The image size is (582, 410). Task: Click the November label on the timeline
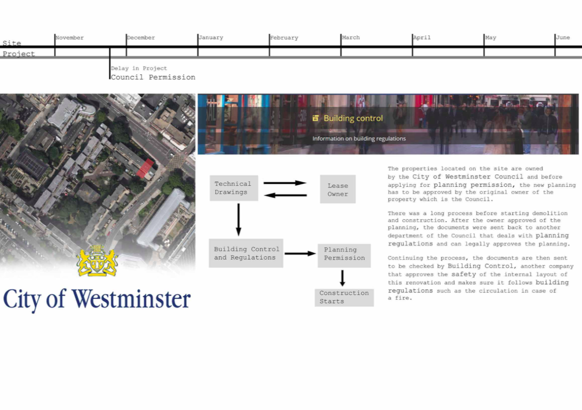pos(70,38)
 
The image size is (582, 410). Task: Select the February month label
pos(284,38)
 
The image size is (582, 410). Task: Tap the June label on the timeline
pos(563,37)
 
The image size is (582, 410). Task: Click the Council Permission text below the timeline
pos(153,77)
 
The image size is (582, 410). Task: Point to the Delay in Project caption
pos(139,68)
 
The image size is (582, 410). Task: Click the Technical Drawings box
pos(234,188)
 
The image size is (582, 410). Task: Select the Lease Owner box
pos(338,189)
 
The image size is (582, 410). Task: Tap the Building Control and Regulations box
pos(246,253)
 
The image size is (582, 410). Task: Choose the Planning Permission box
pos(344,256)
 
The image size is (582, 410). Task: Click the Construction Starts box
pos(344,297)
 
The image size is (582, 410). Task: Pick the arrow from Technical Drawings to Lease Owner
pos(285,183)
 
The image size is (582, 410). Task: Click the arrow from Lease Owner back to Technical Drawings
pos(285,195)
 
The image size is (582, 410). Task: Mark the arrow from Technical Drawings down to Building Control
pos(239,220)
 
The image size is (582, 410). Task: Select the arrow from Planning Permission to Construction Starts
pos(342,278)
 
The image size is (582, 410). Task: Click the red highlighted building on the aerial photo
pos(145,168)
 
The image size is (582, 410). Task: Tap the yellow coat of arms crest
pos(97,260)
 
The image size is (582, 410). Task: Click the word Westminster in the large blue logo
pos(131,299)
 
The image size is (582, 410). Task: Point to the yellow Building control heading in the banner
pos(353,118)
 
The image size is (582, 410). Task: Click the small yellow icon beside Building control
pos(315,118)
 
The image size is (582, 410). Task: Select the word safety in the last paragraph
pos(464,274)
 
